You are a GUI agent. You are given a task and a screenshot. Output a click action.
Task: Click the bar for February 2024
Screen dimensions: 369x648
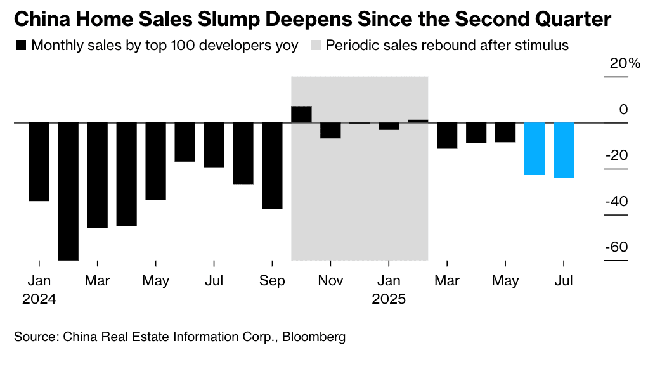68,191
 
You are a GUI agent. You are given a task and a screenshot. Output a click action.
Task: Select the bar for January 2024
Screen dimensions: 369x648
39,162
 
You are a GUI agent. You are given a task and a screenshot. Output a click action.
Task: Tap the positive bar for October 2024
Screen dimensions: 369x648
301,114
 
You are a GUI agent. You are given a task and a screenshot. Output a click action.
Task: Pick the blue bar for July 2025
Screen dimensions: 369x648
564,150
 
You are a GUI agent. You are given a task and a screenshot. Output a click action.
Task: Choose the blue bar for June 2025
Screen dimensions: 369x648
535,148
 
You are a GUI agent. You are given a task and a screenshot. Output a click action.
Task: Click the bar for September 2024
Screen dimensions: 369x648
272,165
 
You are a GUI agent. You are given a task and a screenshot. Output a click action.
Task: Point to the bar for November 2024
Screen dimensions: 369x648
330,130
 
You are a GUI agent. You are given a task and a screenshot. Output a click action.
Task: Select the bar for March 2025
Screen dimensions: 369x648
447,136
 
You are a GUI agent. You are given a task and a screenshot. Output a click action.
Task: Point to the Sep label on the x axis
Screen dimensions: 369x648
272,281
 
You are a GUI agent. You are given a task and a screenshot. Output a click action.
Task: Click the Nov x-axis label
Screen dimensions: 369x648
330,281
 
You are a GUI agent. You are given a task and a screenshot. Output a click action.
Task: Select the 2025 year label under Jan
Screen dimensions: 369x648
389,299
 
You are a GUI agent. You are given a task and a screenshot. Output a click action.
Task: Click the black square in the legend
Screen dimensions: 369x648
20,46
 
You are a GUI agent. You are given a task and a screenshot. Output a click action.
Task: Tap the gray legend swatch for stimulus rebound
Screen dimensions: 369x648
315,46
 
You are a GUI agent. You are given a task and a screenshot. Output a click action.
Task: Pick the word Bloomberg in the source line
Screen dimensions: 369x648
314,337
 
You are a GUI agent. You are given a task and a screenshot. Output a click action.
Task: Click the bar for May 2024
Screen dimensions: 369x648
155,161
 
